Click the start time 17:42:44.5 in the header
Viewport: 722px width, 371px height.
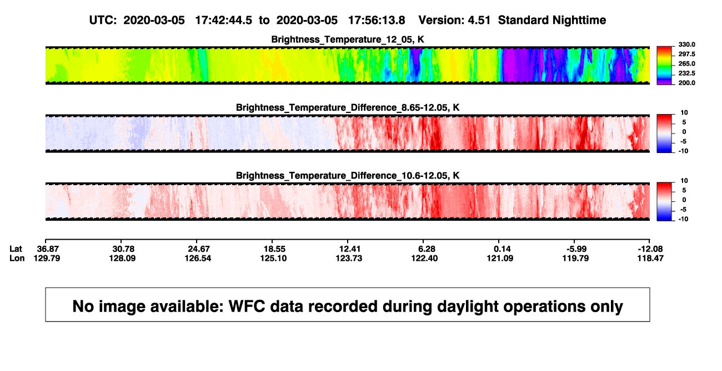(224, 20)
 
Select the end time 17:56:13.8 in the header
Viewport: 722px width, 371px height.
(377, 20)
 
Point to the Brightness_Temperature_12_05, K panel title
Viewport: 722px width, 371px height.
(348, 39)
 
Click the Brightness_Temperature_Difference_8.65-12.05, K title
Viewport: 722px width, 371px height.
(348, 107)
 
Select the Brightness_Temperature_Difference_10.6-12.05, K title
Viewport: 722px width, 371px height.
(348, 176)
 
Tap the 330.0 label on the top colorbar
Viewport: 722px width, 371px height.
(686, 44)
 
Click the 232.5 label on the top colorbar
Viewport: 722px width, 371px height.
(686, 73)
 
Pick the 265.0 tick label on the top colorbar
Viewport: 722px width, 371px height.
(686, 63)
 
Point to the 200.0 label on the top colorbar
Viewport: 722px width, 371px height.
(686, 83)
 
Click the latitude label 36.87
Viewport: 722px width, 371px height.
(48, 249)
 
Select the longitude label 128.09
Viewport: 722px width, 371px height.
(122, 258)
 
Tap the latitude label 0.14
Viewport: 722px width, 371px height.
(502, 249)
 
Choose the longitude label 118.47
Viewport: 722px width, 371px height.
(650, 258)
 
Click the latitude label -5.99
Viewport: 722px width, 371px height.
(576, 249)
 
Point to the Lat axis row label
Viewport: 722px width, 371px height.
(16, 249)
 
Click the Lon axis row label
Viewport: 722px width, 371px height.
(17, 258)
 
